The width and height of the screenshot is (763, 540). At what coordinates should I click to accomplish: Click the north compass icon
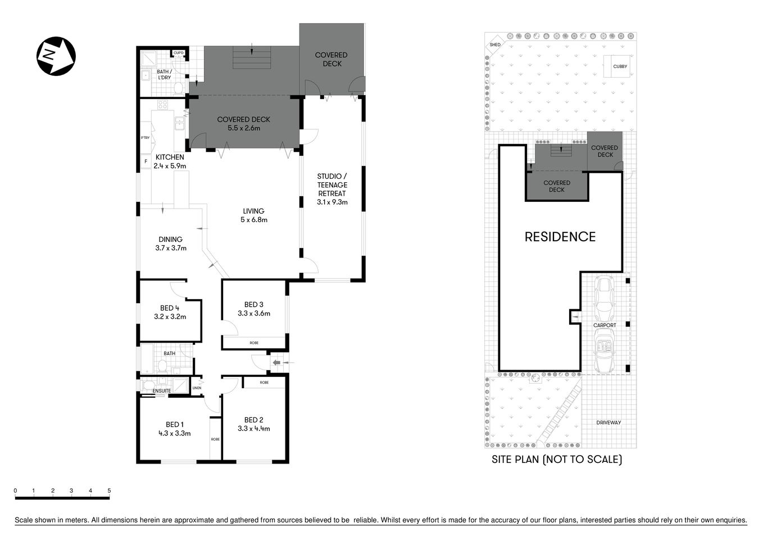tap(56, 56)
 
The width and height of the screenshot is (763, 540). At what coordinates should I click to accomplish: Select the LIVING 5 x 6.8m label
tap(253, 215)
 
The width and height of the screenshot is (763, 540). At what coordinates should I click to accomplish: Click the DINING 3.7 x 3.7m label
tap(170, 244)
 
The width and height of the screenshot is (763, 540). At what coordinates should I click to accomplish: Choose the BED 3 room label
tap(253, 309)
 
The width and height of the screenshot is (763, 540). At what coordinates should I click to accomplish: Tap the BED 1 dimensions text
tap(174, 434)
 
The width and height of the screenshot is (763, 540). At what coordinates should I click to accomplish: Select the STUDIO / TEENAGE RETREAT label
tap(332, 189)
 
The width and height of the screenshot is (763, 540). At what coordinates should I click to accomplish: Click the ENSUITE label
tap(162, 391)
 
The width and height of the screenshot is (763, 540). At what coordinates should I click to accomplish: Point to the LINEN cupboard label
tap(197, 388)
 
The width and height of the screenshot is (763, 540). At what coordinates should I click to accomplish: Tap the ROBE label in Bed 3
tap(254, 343)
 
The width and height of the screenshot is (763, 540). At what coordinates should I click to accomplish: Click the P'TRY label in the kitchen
tap(145, 138)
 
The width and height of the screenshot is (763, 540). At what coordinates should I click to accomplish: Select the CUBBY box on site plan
tap(620, 66)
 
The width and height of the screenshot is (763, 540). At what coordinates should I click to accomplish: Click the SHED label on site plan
tap(495, 44)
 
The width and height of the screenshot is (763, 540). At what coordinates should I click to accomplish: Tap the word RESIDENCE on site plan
tap(560, 237)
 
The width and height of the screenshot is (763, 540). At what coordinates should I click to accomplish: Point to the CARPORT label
tap(605, 325)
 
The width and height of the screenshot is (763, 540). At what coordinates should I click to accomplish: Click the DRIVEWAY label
tap(608, 422)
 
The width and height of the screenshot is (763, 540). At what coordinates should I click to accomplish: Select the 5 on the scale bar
tap(109, 490)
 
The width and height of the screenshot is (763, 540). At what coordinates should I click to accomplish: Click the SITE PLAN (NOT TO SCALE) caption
tap(556, 460)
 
